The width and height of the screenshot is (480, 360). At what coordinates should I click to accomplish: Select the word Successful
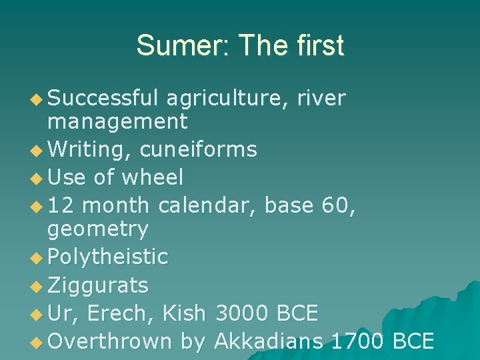pyautogui.click(x=103, y=99)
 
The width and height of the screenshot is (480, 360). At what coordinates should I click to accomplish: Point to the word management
pyautogui.click(x=117, y=122)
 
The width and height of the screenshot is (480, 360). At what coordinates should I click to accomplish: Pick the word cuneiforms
pyautogui.click(x=198, y=149)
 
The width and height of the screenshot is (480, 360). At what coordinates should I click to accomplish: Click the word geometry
pyautogui.click(x=98, y=229)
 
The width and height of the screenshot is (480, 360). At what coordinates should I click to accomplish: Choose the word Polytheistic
pyautogui.click(x=108, y=257)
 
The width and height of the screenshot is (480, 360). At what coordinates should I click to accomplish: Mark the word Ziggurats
pyautogui.click(x=98, y=285)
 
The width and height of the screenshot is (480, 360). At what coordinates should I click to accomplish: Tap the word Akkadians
pyautogui.click(x=269, y=341)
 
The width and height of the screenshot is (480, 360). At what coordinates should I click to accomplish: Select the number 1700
pyautogui.click(x=357, y=341)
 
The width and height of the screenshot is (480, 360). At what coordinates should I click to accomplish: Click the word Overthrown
pyautogui.click(x=110, y=341)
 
